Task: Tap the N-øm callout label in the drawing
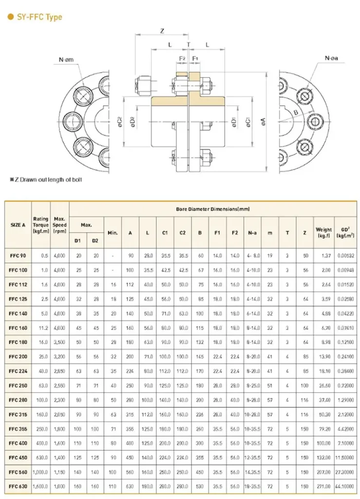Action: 66,60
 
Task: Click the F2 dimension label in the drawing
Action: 182,58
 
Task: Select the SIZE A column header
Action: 18,226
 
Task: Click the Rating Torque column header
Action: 41,226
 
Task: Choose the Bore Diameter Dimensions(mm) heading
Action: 213,209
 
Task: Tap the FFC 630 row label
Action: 18,486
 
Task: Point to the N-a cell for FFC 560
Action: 252,472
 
